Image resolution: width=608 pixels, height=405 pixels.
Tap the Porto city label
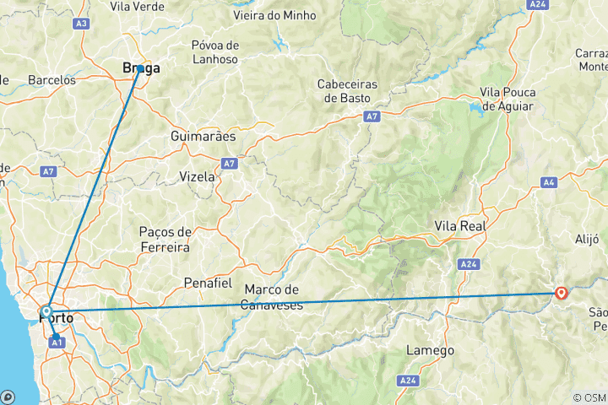click(x=57, y=318)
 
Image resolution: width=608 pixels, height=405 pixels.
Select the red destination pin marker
click(x=562, y=294)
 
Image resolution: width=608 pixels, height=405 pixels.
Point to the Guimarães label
click(x=203, y=136)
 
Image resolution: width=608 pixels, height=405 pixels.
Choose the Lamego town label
click(x=430, y=350)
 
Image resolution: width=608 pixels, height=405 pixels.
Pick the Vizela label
click(x=198, y=176)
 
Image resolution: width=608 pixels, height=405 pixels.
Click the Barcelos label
click(x=52, y=80)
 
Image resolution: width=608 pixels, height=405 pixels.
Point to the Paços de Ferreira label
click(x=165, y=239)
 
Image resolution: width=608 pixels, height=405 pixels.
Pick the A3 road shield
click(x=82, y=24)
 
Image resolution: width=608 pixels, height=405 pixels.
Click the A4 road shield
click(x=550, y=181)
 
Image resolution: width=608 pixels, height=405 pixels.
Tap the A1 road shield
click(x=57, y=342)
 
